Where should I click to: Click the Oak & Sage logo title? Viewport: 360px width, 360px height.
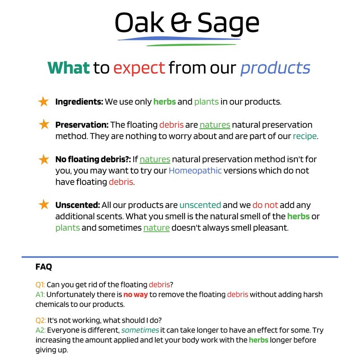point(187,22)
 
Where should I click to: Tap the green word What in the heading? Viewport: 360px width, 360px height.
point(69,68)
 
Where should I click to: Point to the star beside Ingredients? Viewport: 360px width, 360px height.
point(43,102)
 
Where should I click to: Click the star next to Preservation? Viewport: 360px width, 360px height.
point(44,125)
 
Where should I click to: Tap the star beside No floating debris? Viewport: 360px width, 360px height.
point(44,159)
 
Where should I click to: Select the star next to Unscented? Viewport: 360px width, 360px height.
point(44,205)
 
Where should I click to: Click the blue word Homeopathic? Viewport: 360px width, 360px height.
point(195,171)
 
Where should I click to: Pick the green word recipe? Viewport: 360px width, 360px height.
point(305,136)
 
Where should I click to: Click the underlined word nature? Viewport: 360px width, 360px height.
point(156,228)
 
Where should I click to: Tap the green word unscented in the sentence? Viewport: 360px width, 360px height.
point(200,205)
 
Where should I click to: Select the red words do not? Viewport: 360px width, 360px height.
point(265,205)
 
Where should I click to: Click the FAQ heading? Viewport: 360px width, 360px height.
point(44,267)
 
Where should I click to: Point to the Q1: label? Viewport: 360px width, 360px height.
point(40,285)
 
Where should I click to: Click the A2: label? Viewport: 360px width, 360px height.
point(40,330)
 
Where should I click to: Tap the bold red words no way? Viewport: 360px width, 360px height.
point(135,295)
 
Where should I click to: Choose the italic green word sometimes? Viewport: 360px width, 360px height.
point(140,330)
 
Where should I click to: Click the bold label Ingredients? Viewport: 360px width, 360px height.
point(79,102)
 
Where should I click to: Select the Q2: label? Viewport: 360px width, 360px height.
point(40,320)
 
